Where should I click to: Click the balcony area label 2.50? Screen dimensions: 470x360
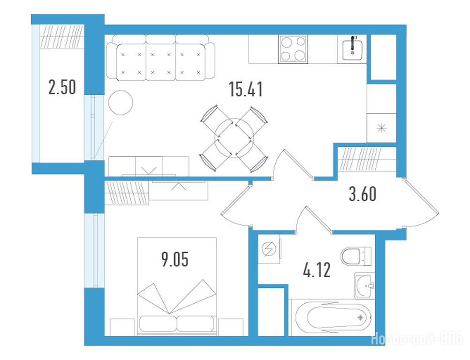[62, 87]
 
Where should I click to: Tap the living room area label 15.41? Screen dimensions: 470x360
[245, 89]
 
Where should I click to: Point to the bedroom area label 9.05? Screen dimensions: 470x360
[175, 259]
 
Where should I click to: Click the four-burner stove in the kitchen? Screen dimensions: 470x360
[293, 49]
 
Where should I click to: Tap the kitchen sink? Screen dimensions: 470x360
[353, 49]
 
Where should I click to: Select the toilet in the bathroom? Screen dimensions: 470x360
[356, 256]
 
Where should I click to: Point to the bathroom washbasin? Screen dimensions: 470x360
[364, 286]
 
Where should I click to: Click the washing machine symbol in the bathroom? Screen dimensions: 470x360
[269, 248]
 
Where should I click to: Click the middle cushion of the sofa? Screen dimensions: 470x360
[161, 62]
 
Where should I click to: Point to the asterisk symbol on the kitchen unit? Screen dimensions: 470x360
[381, 128]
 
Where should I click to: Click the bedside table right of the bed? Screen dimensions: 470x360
[230, 327]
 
